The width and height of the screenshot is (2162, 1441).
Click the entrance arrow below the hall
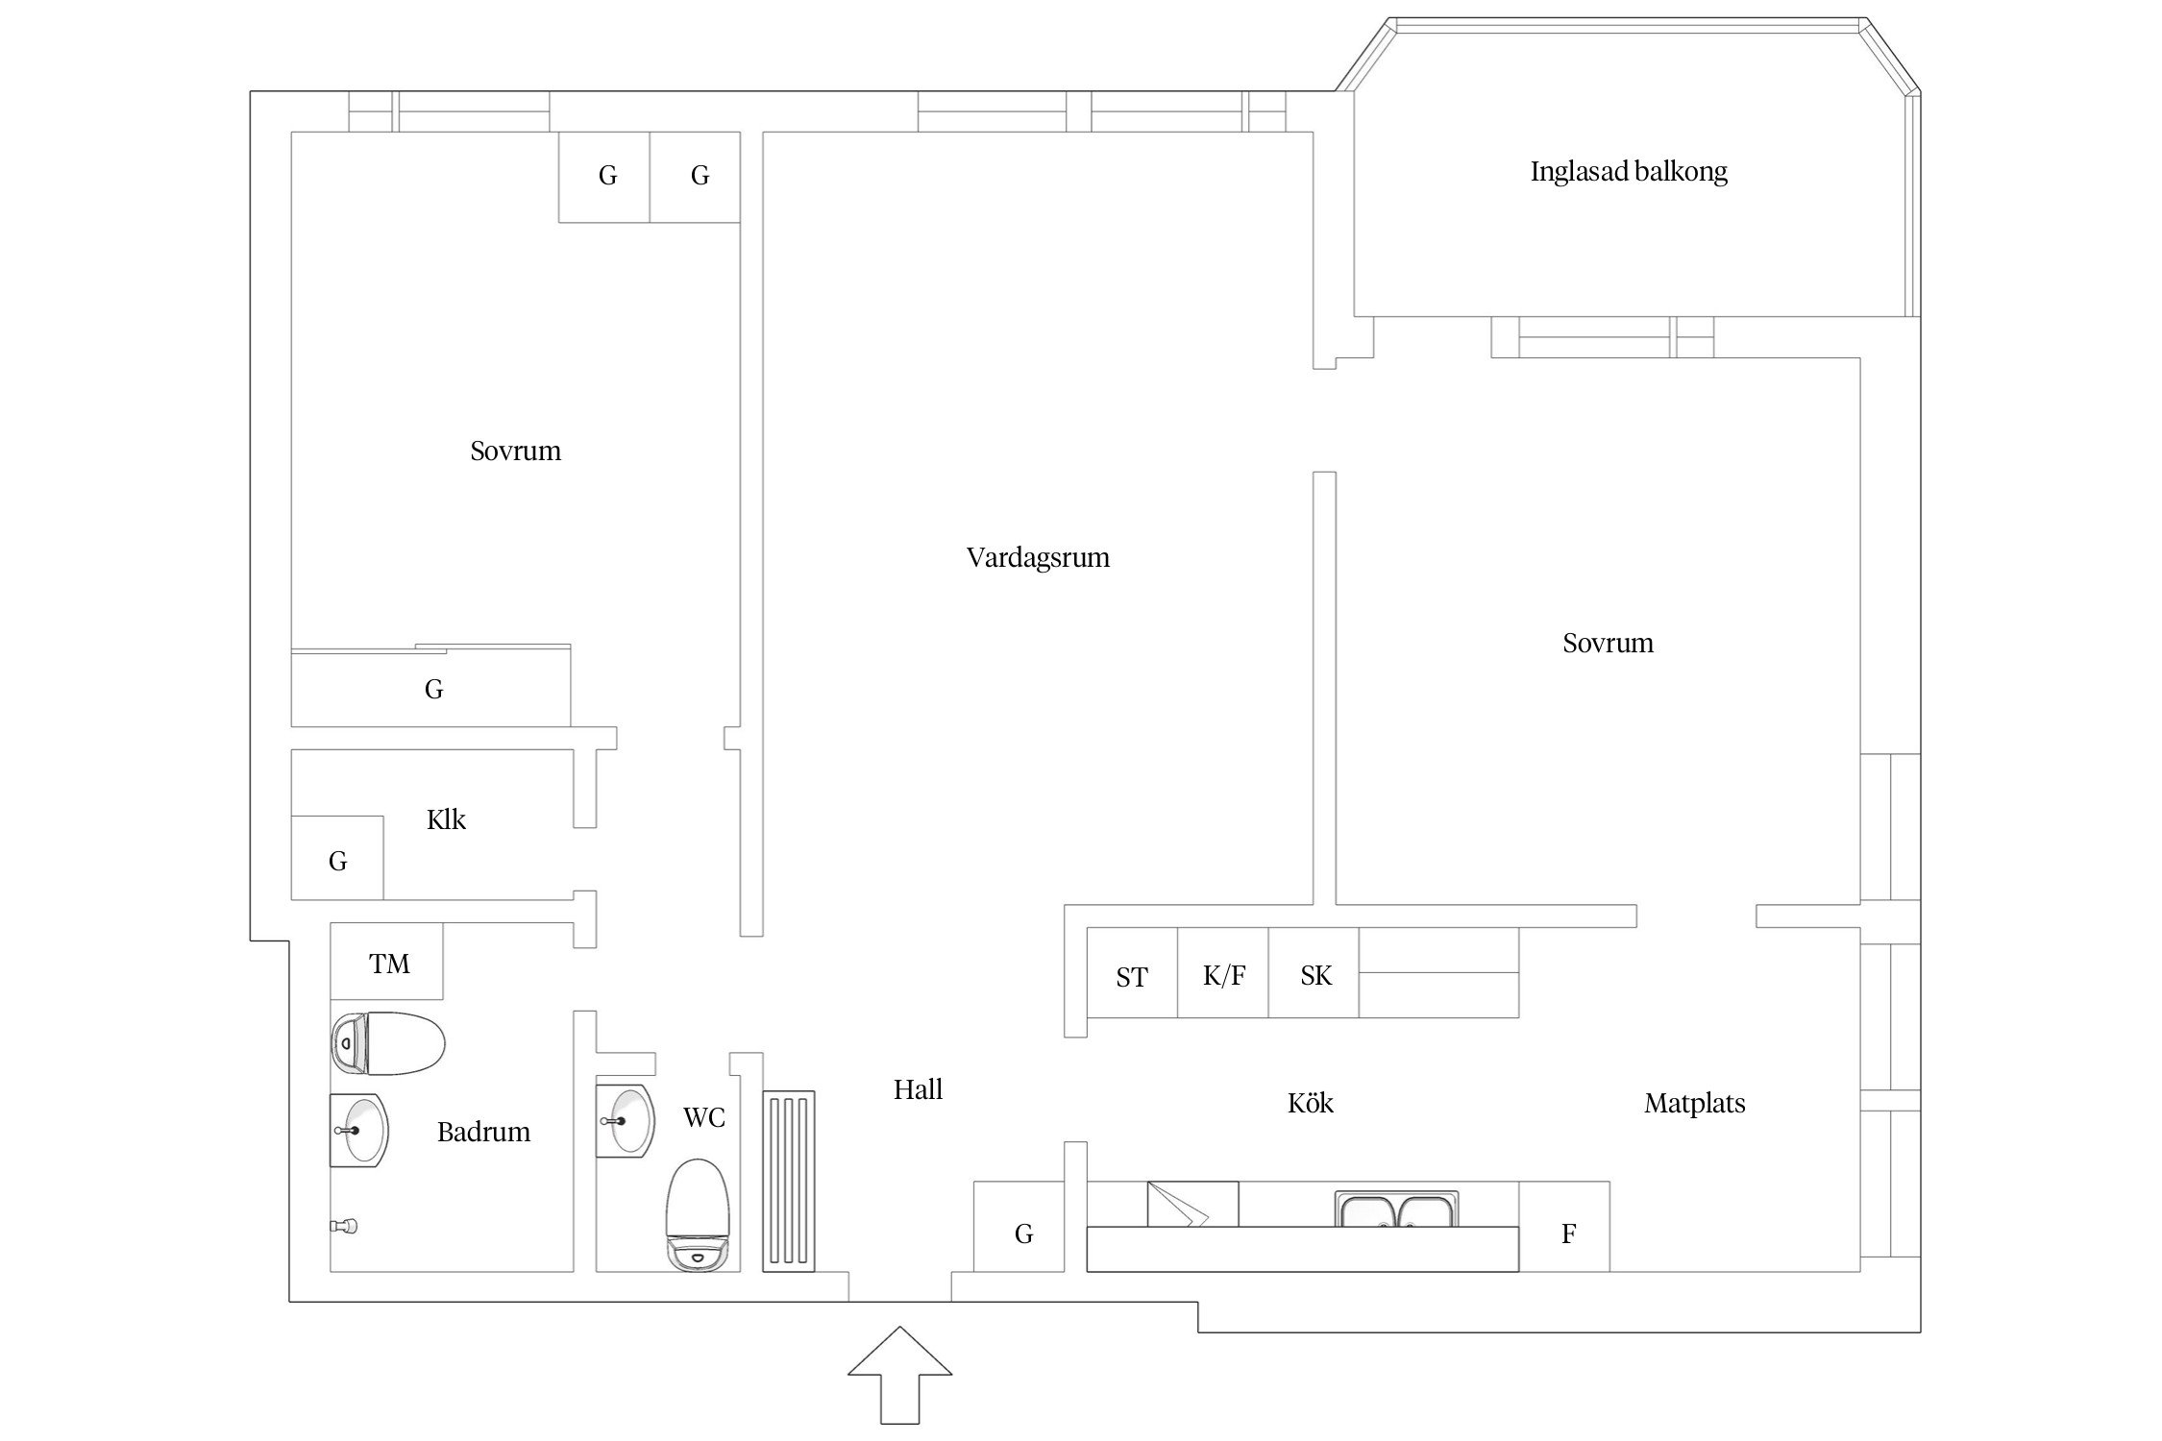pyautogui.click(x=899, y=1375)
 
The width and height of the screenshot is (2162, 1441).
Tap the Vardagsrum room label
pyautogui.click(x=1038, y=558)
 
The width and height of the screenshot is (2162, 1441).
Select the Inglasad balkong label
pyautogui.click(x=1629, y=172)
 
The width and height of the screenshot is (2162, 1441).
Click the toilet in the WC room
pyautogui.click(x=698, y=1215)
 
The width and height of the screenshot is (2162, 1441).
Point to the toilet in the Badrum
pyautogui.click(x=388, y=1043)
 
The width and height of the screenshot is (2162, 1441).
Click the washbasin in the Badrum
pyautogui.click(x=359, y=1131)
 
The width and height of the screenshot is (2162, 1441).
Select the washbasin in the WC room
pyautogui.click(x=625, y=1121)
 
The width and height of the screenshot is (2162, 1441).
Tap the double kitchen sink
pyautogui.click(x=1396, y=1209)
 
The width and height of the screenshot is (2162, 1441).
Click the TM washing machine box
pyautogui.click(x=387, y=962)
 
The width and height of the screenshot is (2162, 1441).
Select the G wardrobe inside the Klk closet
pyautogui.click(x=337, y=859)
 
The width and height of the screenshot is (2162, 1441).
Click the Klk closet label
pyautogui.click(x=446, y=819)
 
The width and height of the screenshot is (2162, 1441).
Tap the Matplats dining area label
pyautogui.click(x=1694, y=1103)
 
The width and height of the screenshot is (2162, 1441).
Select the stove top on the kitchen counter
pyautogui.click(x=1192, y=1205)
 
